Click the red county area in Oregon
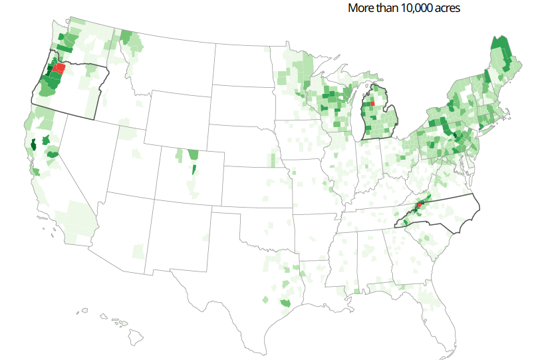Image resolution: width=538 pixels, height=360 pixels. (x=59, y=68)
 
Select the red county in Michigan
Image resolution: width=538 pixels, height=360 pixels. (x=372, y=104)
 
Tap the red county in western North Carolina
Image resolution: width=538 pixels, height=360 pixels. (x=420, y=205)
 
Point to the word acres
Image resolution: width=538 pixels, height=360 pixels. (x=446, y=8)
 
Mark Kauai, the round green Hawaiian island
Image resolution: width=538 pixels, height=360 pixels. (x=84, y=310)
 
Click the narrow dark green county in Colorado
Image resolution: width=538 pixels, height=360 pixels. (x=194, y=169)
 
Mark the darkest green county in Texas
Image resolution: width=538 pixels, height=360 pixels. (x=286, y=303)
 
